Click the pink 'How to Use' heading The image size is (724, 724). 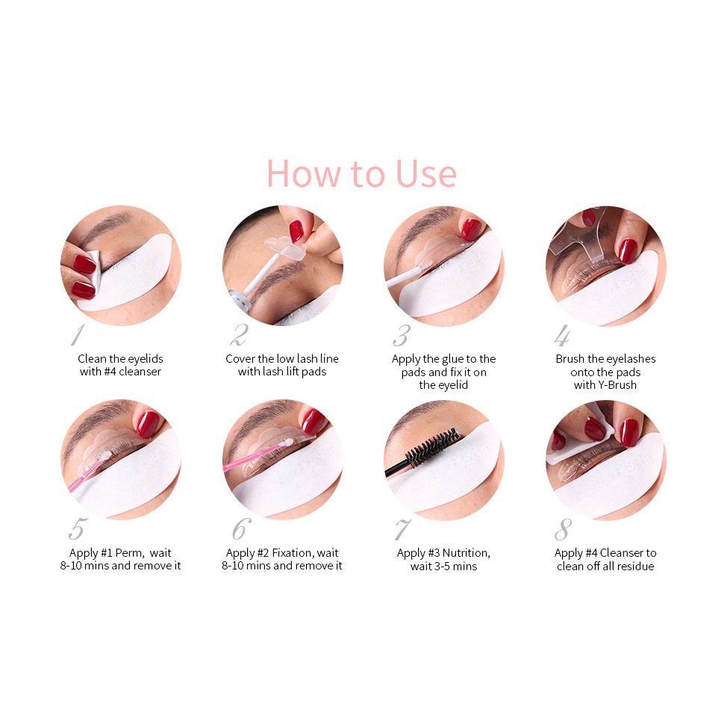click(361, 174)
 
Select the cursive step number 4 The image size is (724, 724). click(562, 335)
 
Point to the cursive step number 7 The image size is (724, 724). click(402, 529)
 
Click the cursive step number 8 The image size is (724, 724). click(563, 529)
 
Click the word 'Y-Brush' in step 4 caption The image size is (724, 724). click(617, 385)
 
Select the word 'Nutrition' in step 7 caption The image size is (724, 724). click(466, 552)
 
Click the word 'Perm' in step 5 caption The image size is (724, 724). click(129, 552)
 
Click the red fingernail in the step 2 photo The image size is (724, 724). click(296, 231)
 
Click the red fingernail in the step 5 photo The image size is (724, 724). click(147, 425)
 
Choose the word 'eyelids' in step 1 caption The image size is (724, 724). click(145, 359)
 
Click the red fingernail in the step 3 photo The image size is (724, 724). click(470, 229)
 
